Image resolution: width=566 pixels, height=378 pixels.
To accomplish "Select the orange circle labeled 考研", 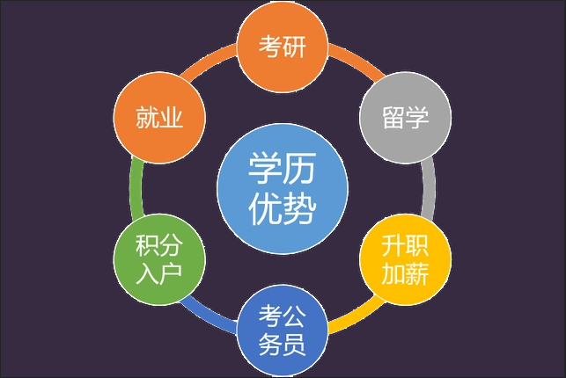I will [283, 47].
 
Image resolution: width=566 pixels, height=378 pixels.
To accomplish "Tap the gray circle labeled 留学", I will [406, 118].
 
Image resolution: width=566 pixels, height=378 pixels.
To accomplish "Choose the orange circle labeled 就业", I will [159, 118].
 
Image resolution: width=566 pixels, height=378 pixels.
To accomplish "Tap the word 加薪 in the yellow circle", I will [406, 273].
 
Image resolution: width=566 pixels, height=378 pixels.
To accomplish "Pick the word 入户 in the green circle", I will [159, 273].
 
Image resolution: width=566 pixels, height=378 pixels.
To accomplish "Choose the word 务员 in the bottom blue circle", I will [283, 344].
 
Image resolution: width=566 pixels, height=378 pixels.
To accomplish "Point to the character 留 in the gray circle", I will [393, 118].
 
